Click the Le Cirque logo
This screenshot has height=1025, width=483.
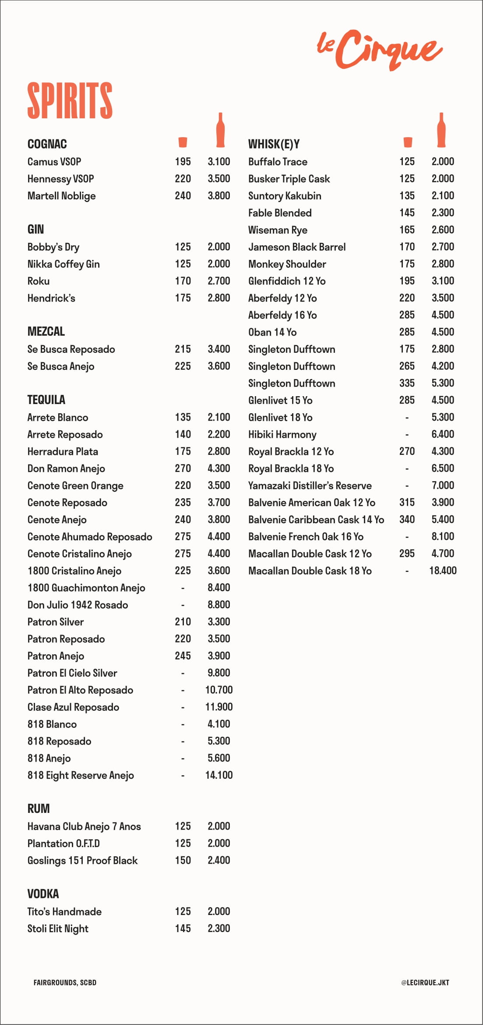coord(379,49)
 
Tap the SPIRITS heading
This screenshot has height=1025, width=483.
coord(70,100)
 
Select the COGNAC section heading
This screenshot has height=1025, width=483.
coord(47,144)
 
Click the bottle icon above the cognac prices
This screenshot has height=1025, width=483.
coord(220,130)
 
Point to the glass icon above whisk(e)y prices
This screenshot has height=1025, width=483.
coord(408,142)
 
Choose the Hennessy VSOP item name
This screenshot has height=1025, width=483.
coord(61,179)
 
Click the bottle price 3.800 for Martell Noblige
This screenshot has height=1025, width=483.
coord(219,196)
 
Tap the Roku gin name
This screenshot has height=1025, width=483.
coord(39,281)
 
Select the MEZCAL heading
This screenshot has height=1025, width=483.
coord(46,332)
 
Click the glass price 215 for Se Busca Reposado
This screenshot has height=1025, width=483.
coord(183,349)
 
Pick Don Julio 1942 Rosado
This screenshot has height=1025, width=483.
coord(78,605)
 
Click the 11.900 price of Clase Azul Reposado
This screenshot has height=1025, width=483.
coord(219,707)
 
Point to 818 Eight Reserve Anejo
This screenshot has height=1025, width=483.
coord(81,775)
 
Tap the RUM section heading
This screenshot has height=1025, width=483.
coord(39,809)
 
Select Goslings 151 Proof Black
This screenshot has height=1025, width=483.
coord(82,860)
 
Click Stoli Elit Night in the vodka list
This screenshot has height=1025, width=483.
coord(58,929)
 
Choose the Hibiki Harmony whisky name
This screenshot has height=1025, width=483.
coord(282,434)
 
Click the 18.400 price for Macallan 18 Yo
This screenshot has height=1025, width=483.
coord(443,571)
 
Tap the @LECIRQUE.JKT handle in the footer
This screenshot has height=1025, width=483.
coord(425,982)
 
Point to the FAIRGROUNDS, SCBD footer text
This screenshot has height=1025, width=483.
coord(65,982)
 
